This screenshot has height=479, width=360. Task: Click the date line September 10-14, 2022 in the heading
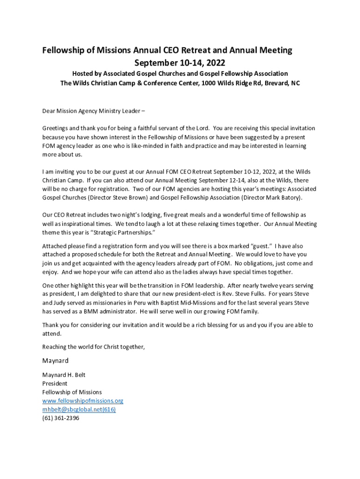click(180, 62)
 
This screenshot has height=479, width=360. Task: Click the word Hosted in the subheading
click(82, 74)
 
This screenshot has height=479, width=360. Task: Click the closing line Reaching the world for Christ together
click(94, 347)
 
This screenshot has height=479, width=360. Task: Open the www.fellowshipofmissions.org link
click(83, 401)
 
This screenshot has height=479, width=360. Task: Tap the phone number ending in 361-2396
click(61, 418)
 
